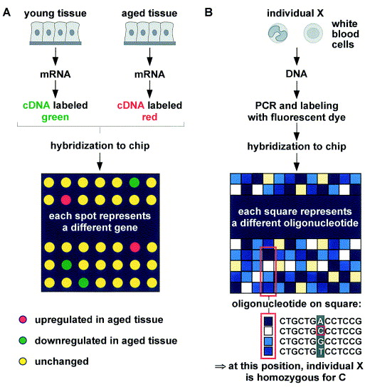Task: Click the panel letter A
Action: point(8,10)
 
